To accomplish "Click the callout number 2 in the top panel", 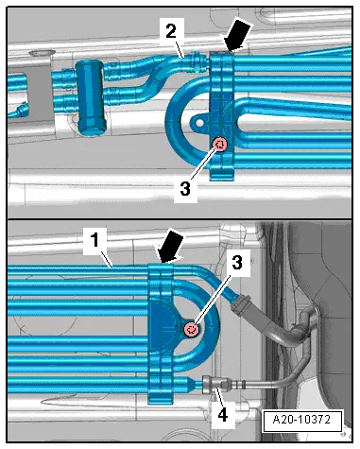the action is [171, 31].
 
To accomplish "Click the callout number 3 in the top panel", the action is [185, 189].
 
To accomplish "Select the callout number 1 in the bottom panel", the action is [95, 240].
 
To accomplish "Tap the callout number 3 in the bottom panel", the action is [237, 263].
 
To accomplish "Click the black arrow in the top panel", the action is [237, 36].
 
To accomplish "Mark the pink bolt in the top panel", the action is [220, 145].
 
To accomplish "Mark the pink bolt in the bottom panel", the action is [192, 330].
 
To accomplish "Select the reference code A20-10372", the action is [302, 420].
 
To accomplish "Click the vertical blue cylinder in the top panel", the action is [90, 96].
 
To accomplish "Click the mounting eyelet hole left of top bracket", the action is [199, 123].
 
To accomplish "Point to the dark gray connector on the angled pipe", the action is [242, 304].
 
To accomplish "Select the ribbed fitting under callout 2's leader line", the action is [197, 61].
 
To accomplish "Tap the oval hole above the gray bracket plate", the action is [42, 53].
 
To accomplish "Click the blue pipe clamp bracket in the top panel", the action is [221, 116].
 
